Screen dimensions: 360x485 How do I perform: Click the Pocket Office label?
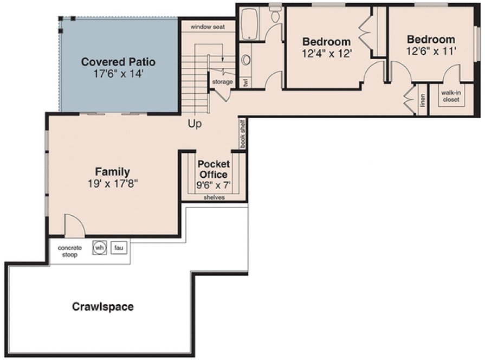click(214, 169)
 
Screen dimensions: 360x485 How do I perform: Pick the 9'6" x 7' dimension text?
click(214, 185)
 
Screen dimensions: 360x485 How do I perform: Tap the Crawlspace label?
click(103, 307)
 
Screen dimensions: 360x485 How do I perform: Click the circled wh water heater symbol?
click(99, 248)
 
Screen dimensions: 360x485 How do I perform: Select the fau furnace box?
click(119, 248)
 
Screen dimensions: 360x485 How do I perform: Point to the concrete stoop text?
click(70, 251)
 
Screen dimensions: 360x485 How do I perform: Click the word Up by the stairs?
click(195, 124)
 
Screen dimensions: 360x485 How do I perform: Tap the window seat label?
click(208, 27)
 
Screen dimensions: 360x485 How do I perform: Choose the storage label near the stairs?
click(222, 82)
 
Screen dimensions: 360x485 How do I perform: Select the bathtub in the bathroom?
click(249, 23)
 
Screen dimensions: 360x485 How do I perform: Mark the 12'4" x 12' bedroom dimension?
click(327, 54)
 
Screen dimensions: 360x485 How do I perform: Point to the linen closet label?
click(423, 100)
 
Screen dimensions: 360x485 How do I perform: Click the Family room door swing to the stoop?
click(74, 225)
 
